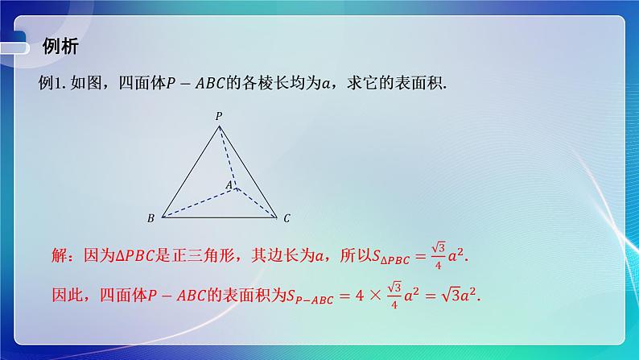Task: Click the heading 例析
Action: pyautogui.click(x=60, y=47)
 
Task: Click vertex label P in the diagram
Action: pyautogui.click(x=218, y=116)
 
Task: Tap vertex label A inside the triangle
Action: pyautogui.click(x=228, y=185)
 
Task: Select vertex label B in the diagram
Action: pyautogui.click(x=150, y=218)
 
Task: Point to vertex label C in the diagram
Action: pyautogui.click(x=287, y=218)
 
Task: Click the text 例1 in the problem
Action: pyautogui.click(x=51, y=83)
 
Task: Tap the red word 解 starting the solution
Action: pyautogui.click(x=58, y=257)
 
